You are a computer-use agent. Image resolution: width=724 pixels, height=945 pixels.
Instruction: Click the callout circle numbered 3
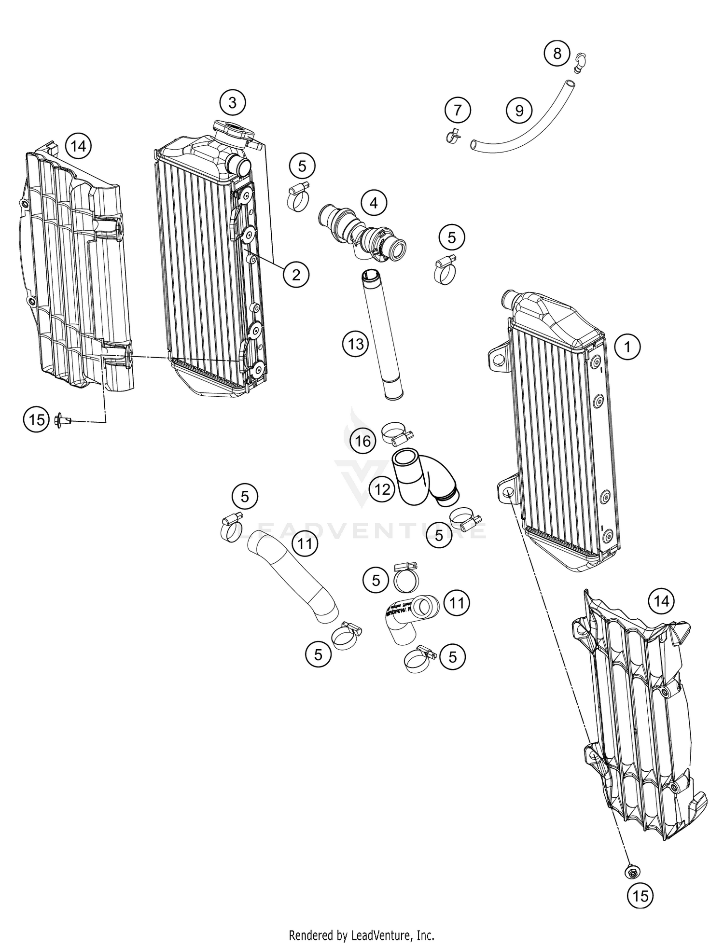click(x=233, y=102)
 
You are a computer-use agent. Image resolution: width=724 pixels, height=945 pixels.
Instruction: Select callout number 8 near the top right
click(x=557, y=53)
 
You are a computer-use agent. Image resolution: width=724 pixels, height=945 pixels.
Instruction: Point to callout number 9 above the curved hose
click(x=519, y=111)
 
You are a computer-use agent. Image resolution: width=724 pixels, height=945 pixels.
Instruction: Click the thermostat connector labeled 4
click(x=362, y=231)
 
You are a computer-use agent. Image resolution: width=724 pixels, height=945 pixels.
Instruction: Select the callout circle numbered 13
click(x=356, y=344)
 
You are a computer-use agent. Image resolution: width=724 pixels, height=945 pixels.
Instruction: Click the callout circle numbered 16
click(x=363, y=440)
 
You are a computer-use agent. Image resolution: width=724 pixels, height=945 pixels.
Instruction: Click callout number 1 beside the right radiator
click(x=627, y=347)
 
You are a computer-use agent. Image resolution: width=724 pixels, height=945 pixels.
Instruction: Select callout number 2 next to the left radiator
click(x=296, y=275)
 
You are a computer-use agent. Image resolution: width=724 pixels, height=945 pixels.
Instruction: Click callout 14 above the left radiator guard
click(x=79, y=145)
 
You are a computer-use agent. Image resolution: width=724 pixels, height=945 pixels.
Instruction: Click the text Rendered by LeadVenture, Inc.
click(x=362, y=935)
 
